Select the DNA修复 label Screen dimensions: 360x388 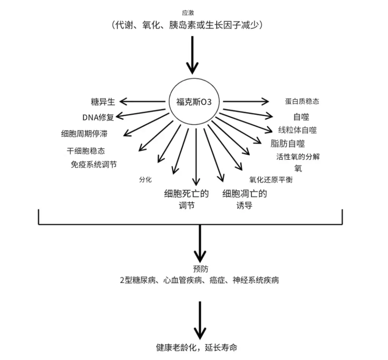click(98, 117)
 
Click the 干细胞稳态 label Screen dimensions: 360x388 click(86, 151)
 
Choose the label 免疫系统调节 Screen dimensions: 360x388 click(94, 165)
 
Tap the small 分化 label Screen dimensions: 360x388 click(145, 179)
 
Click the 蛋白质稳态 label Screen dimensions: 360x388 click(302, 101)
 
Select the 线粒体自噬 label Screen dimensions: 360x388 click(297, 130)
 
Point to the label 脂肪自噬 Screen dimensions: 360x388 click(288, 144)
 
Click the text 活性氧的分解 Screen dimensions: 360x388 click(298, 157)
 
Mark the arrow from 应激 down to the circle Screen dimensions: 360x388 click(192, 55)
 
